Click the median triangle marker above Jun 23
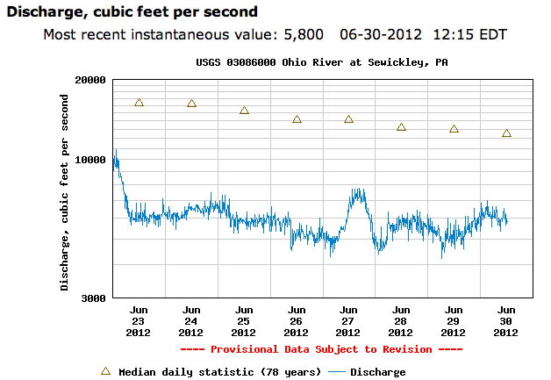(139, 103)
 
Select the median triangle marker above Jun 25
(244, 111)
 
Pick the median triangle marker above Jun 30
(506, 133)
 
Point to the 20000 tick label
(90, 80)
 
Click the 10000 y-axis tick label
(90, 160)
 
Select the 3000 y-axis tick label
(94, 298)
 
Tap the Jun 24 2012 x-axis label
(191, 321)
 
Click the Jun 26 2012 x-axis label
(297, 321)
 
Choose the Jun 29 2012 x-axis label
(454, 321)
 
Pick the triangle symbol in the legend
(105, 371)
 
